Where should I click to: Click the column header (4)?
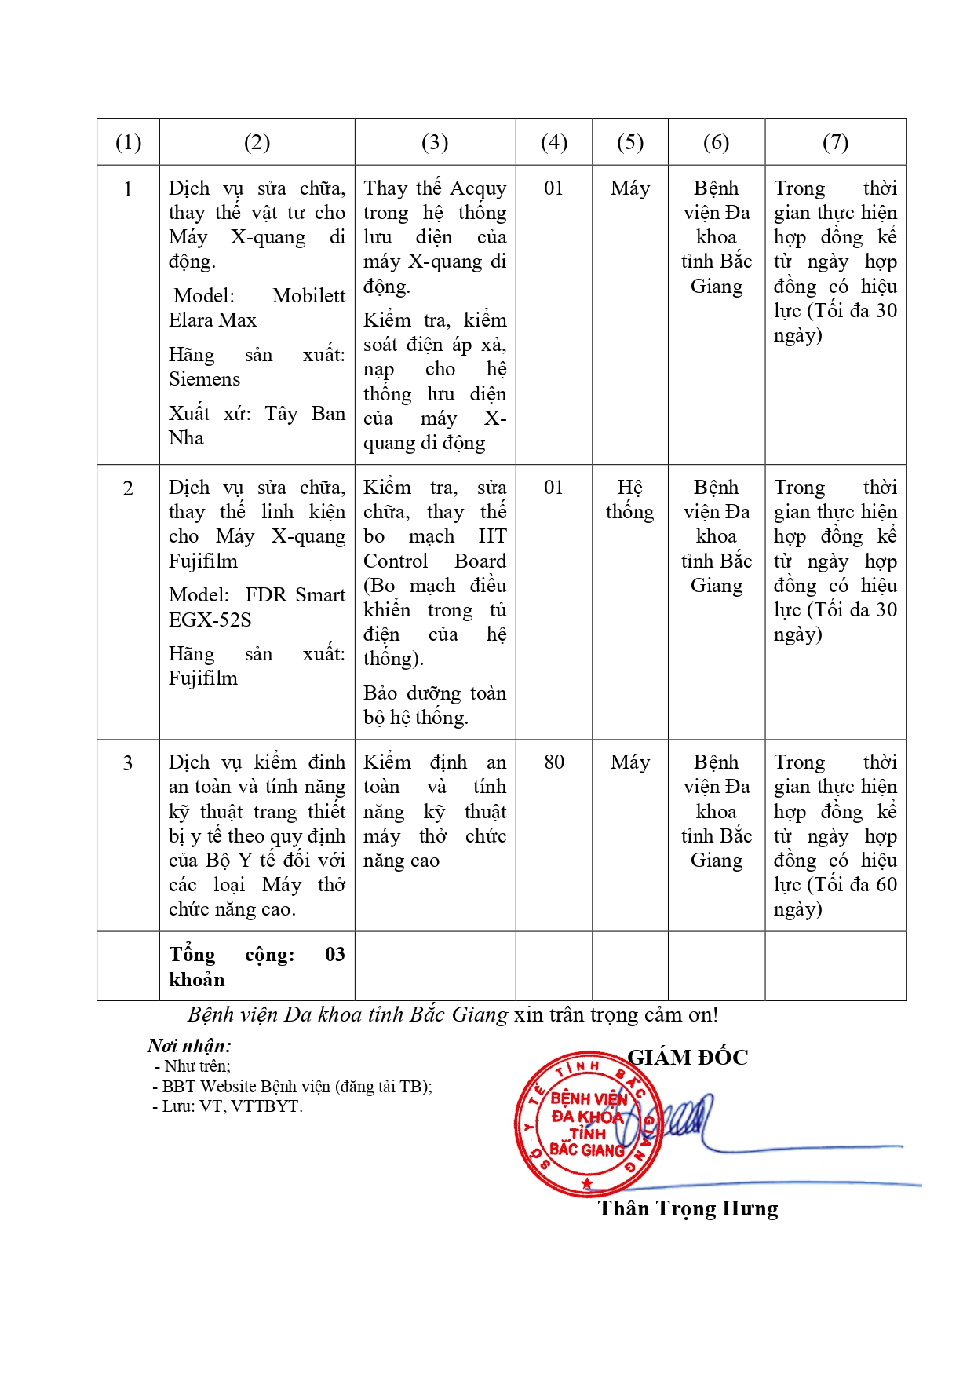[x=553, y=142]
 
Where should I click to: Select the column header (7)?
[x=835, y=142]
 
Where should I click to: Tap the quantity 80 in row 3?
[x=553, y=762]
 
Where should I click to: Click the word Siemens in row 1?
[x=204, y=379]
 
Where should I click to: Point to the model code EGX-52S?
[x=210, y=620]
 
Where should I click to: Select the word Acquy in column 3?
[x=478, y=188]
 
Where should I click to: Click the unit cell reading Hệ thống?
[x=629, y=499]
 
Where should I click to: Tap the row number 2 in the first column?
[x=128, y=488]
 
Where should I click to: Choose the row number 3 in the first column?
[x=128, y=763]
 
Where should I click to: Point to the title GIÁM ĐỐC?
[x=688, y=1058]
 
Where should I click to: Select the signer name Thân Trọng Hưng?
[x=688, y=1208]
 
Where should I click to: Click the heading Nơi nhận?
[x=189, y=1046]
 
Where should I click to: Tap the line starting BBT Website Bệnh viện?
[x=292, y=1087]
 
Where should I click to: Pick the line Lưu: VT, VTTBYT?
[x=227, y=1106]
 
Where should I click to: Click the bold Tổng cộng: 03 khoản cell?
[x=257, y=967]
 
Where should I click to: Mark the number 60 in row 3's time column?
[x=886, y=885]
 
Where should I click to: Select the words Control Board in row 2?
[x=435, y=561]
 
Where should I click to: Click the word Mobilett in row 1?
[x=308, y=296]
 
